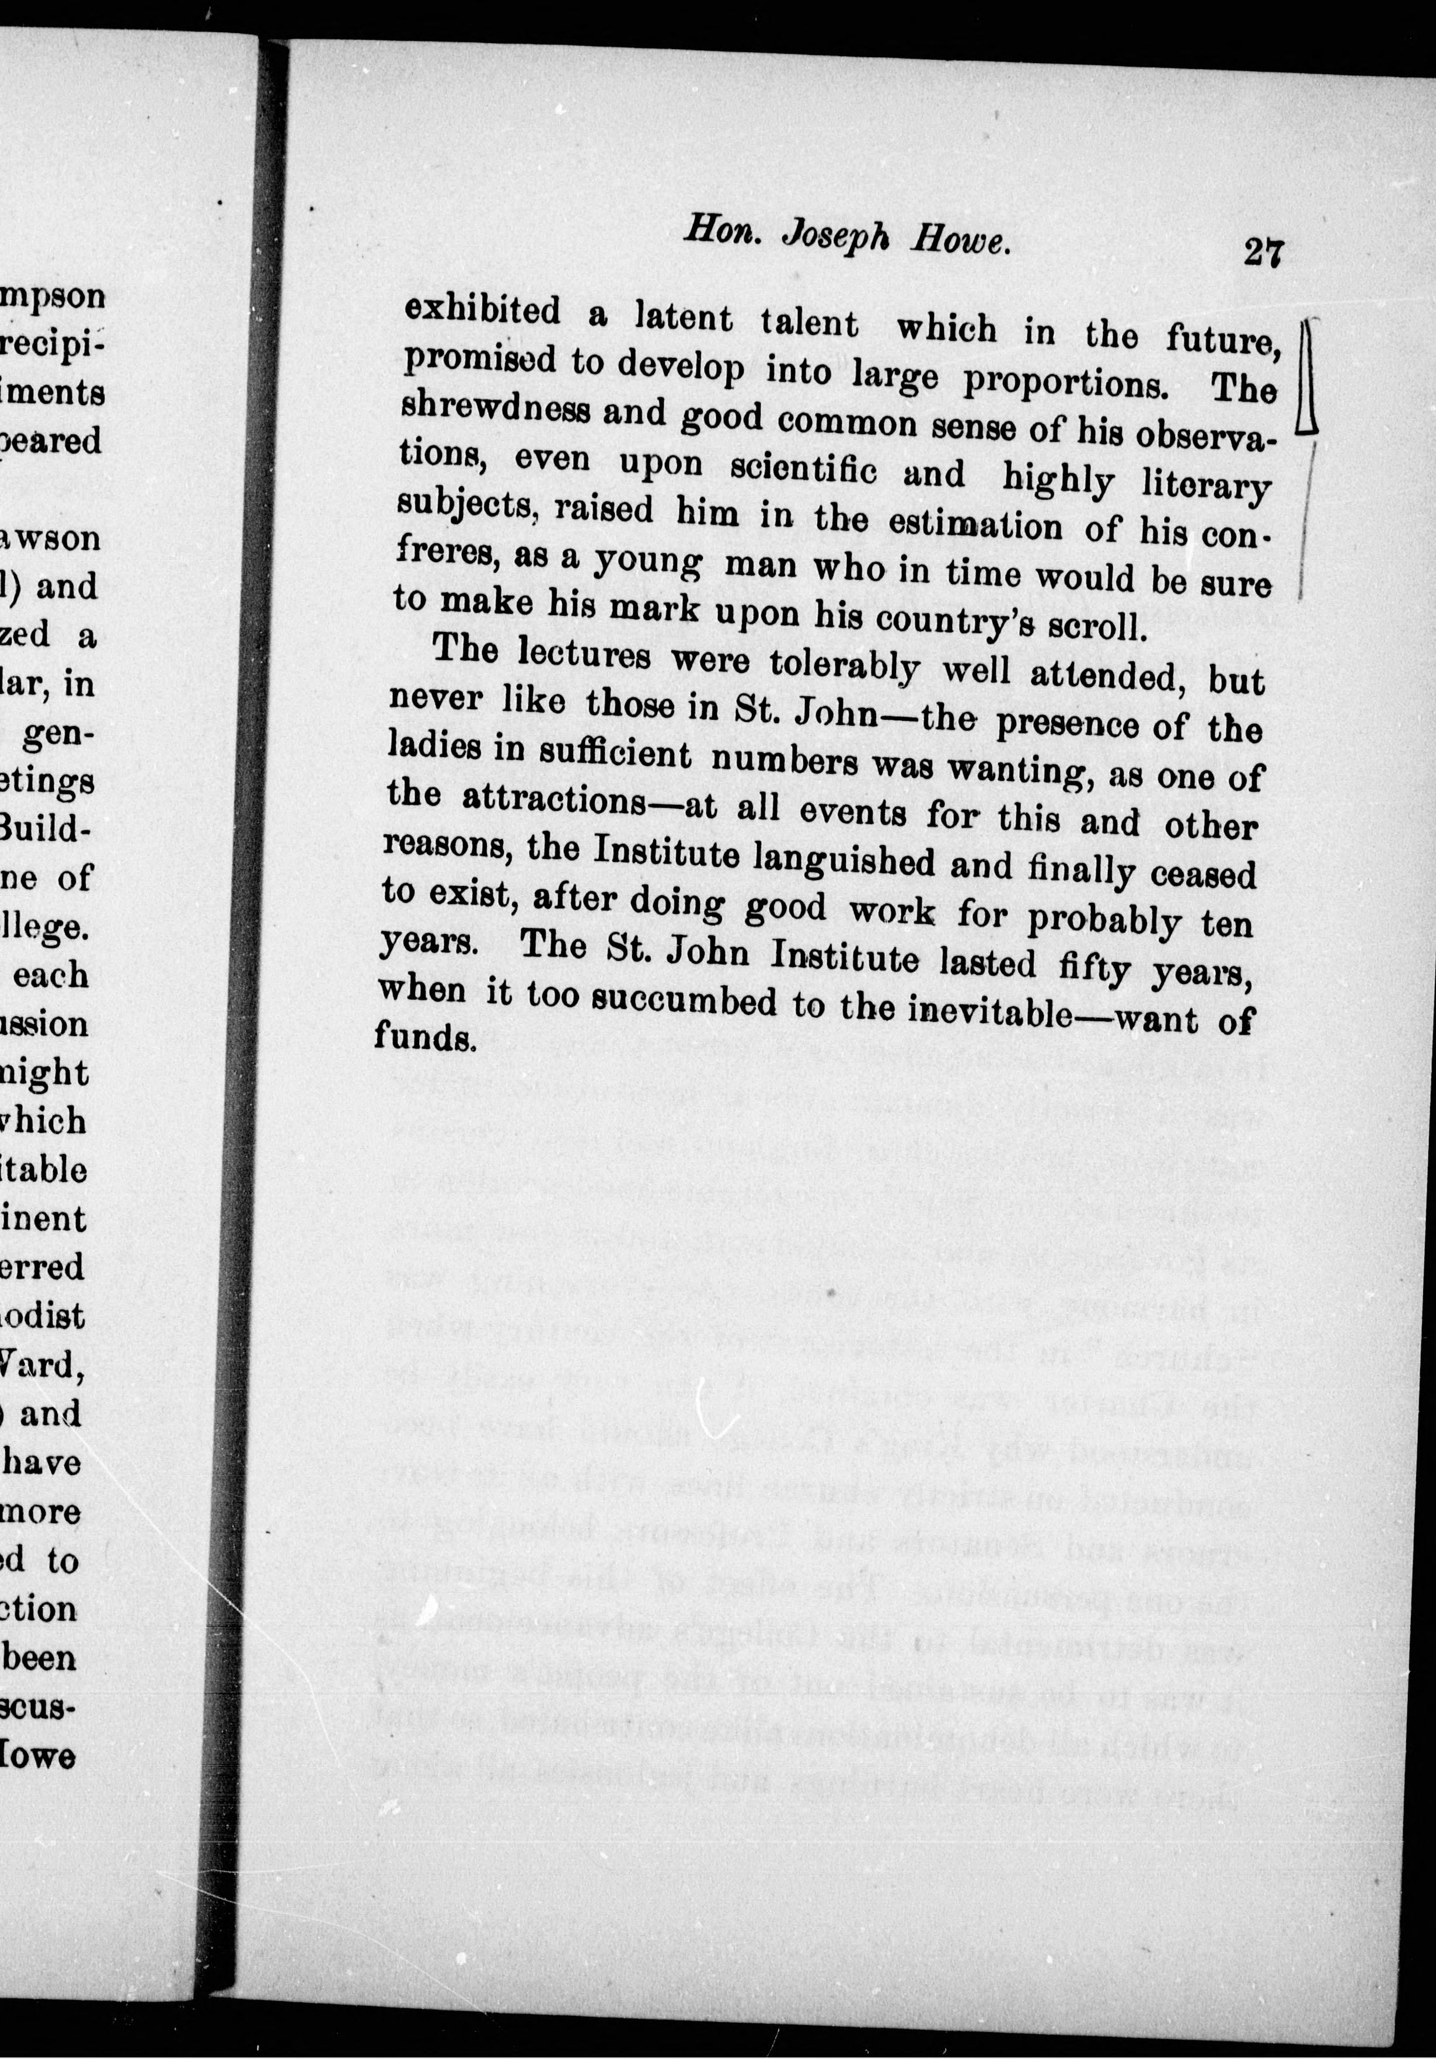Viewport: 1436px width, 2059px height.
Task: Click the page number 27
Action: (x=1263, y=252)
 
